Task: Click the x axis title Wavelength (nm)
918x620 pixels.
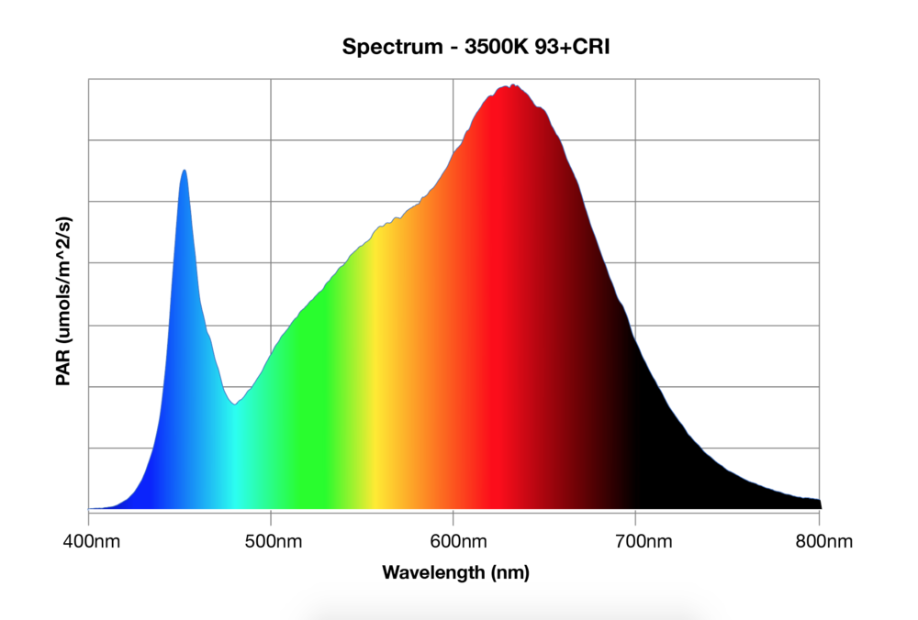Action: (455, 573)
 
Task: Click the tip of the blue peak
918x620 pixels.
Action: (185, 171)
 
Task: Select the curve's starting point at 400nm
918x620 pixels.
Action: (90, 508)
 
